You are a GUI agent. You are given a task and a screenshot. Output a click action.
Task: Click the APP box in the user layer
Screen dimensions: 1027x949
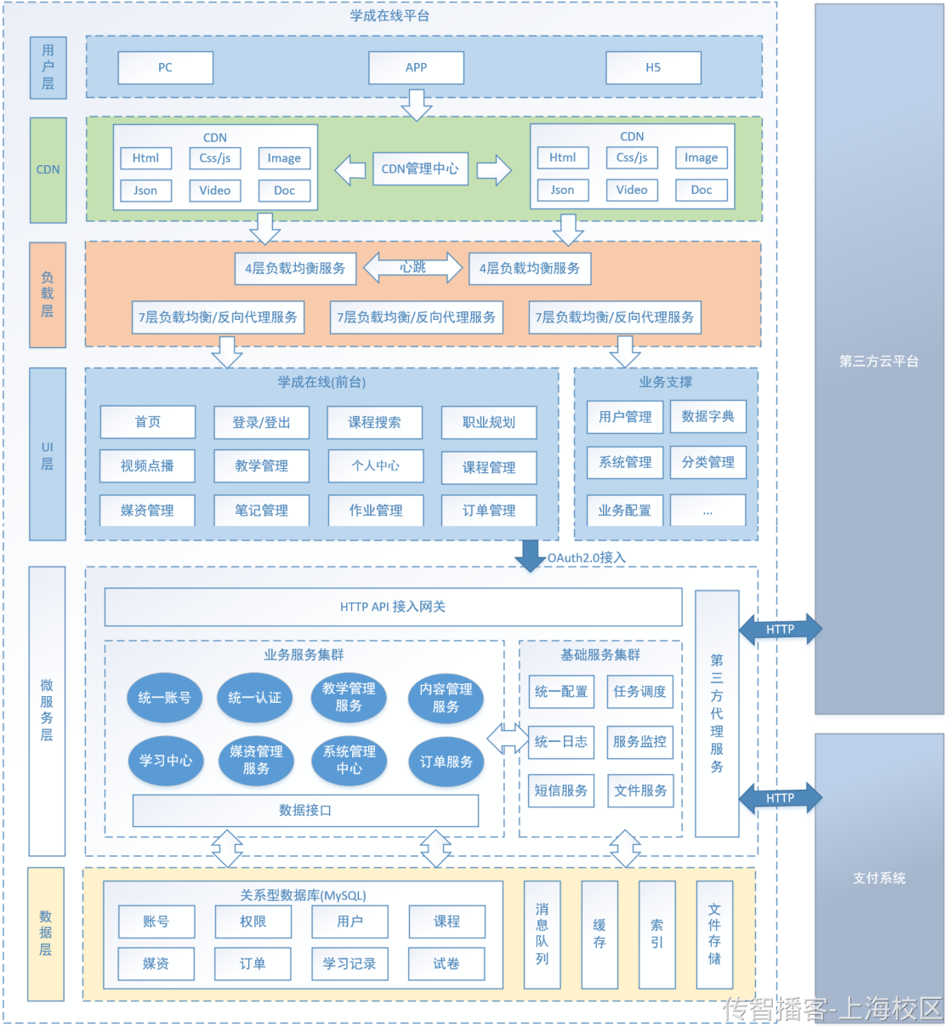coord(416,68)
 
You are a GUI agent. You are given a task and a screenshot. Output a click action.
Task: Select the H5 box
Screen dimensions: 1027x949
coord(653,68)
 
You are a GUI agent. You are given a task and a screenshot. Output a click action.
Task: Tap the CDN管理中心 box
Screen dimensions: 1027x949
coord(419,169)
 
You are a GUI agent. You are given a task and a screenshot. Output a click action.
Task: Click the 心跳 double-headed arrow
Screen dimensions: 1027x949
coord(413,268)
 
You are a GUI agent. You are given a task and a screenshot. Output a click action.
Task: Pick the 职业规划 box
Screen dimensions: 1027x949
coord(489,423)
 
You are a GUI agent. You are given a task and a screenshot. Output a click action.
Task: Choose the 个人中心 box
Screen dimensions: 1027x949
coord(376,466)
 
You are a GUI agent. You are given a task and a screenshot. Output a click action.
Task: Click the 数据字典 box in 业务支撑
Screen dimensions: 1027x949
coord(707,417)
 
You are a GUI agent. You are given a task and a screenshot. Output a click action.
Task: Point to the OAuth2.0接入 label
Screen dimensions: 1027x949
coord(586,558)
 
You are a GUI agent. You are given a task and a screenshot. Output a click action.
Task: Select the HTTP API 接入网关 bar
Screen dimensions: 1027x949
coord(393,607)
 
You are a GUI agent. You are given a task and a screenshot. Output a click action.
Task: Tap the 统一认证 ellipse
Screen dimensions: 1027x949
coord(254,698)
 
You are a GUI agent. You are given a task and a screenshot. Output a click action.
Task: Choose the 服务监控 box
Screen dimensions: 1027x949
coord(640,742)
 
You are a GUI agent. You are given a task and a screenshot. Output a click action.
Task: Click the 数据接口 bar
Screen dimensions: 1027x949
coord(305,811)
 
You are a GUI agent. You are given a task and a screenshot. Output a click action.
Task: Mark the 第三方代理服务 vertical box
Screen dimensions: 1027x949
coord(717,713)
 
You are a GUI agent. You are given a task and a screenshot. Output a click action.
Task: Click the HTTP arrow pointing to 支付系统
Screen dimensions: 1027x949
coord(780,798)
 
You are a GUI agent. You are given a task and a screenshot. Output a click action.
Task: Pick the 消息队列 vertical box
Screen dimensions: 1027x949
coord(542,934)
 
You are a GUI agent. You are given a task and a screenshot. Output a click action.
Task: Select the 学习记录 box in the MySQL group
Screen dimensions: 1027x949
coord(349,964)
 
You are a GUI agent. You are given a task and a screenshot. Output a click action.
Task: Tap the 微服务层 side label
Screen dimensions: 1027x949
coord(47,710)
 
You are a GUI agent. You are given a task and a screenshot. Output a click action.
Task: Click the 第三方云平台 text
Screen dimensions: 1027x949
coord(879,362)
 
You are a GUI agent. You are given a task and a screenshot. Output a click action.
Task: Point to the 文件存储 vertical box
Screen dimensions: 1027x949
coord(714,934)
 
